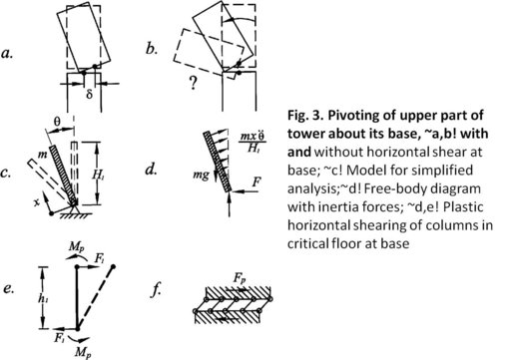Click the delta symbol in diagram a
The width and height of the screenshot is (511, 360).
coord(89,94)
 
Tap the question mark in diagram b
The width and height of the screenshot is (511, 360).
coord(193,83)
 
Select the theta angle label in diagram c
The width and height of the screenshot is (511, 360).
coord(57,122)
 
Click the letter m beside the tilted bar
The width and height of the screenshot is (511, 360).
coord(44,155)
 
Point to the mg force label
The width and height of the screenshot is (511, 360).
coord(201,175)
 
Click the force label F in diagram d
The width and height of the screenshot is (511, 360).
coord(256,181)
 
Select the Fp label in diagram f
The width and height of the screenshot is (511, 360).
coord(240,278)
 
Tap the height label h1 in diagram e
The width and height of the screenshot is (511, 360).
coord(42,298)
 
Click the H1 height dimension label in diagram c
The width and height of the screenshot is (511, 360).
coord(98,175)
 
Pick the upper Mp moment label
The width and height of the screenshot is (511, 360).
coord(76,247)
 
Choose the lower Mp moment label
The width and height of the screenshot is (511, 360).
coord(83,352)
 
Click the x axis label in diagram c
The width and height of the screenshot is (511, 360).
coord(36,202)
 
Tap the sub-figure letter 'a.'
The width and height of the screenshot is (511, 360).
coord(7,53)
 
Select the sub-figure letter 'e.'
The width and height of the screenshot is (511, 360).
coord(9,289)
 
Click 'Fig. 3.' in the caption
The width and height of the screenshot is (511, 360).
coord(305,116)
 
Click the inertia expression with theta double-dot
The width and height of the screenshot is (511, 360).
coord(253,143)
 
